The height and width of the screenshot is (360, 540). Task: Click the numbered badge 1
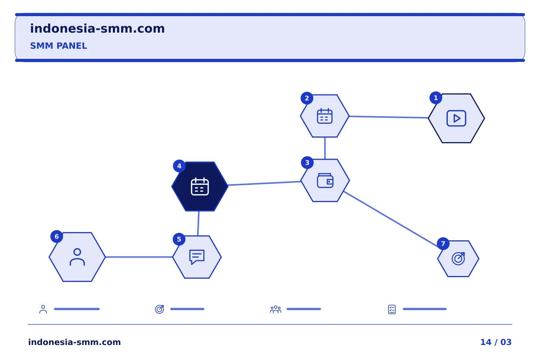(436, 98)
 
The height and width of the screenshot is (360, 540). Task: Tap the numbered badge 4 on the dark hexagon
(179, 166)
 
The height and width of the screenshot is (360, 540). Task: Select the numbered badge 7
(443, 243)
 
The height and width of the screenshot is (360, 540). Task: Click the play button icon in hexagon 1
(456, 118)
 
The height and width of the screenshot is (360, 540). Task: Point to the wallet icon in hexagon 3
(325, 180)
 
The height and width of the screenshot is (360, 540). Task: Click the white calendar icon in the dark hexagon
(199, 186)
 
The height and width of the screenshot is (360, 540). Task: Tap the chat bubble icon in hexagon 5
(197, 257)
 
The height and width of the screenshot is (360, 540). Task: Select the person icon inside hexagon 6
(77, 257)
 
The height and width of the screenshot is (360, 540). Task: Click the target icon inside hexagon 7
(458, 258)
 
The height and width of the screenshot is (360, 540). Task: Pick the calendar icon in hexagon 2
(324, 116)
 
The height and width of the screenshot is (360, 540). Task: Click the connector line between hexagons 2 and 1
(388, 117)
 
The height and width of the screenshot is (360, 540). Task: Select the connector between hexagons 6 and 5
(139, 257)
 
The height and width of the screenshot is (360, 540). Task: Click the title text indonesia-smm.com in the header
(97, 28)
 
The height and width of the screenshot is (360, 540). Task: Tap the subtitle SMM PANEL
(58, 46)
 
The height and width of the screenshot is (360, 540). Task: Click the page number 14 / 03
(496, 342)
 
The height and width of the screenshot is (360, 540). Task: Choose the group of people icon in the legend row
(275, 309)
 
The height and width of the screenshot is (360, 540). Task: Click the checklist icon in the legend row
(392, 309)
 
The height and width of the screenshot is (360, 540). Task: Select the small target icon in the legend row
(159, 309)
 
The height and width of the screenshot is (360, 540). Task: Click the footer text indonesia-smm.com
(75, 342)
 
